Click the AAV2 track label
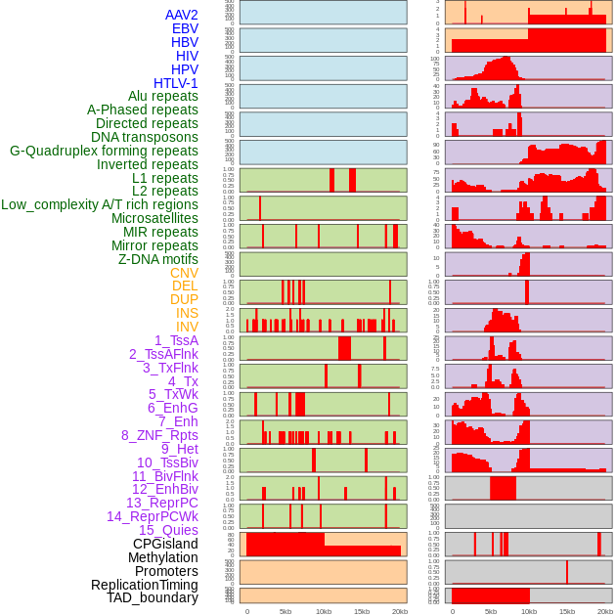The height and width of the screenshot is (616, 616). coord(182,15)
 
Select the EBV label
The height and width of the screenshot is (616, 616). coord(185,28)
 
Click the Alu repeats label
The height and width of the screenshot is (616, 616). coord(162,96)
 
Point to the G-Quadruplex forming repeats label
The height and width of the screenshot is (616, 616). coord(104,151)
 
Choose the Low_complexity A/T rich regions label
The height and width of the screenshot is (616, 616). coord(100,204)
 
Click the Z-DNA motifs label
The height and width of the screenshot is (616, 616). coord(158,259)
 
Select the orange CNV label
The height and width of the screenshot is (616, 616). coord(184,273)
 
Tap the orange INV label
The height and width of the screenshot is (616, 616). coord(187,327)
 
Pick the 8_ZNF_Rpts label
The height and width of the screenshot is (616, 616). coord(159,435)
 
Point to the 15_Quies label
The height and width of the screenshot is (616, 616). coord(168,530)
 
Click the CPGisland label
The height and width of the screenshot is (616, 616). coord(165,544)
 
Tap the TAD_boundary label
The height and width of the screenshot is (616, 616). coord(153,597)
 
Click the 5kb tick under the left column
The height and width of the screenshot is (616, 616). coord(286,611)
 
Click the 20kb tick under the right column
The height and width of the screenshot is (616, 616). coord(605,611)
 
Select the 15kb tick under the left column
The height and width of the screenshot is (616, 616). coord(362,611)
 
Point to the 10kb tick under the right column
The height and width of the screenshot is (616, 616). coord(529,611)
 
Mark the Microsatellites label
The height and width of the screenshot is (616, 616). coord(154,218)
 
